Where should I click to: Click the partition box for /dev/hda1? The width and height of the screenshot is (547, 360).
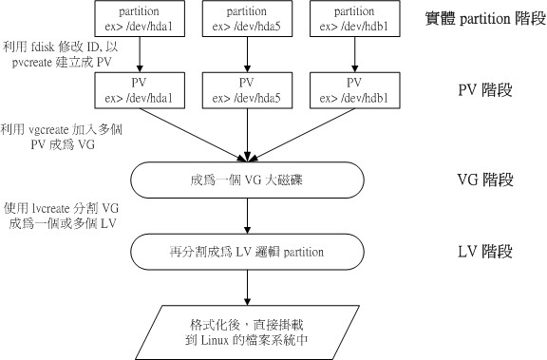(x=141, y=19)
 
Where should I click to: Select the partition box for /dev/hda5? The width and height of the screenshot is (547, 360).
(x=247, y=19)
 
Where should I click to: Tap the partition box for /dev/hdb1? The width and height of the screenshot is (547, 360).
(x=353, y=19)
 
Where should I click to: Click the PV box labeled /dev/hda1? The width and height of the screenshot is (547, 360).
(x=141, y=90)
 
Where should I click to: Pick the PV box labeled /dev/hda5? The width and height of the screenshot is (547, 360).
(x=247, y=90)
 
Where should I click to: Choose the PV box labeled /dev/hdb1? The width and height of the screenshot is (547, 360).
(x=353, y=90)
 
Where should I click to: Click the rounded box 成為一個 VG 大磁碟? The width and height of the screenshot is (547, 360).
(x=247, y=178)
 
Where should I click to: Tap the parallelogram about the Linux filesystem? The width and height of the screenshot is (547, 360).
(x=247, y=329)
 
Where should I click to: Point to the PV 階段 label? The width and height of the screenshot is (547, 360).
(x=484, y=91)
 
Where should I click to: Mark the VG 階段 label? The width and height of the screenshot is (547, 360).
(x=484, y=178)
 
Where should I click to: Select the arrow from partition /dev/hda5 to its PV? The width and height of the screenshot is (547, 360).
(x=247, y=55)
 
